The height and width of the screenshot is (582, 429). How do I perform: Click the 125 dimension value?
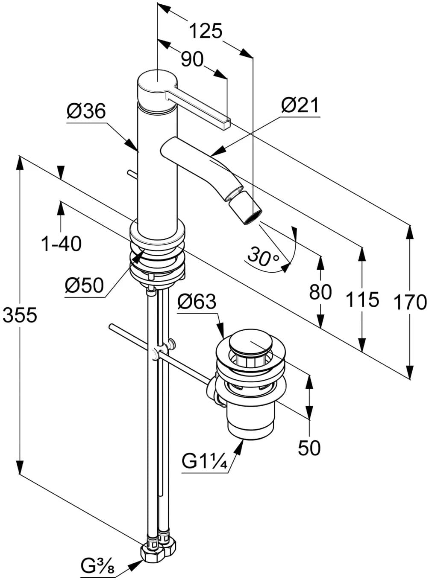(206, 31)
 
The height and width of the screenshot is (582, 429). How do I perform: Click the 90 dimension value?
(192, 59)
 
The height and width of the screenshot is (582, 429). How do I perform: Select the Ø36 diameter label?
(85, 111)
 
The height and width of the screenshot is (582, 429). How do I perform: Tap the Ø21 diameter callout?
(300, 105)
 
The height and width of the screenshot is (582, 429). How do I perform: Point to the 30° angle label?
(263, 256)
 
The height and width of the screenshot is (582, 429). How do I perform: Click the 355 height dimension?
(20, 316)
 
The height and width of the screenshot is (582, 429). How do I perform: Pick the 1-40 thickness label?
(61, 244)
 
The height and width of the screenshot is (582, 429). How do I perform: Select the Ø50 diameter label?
(84, 285)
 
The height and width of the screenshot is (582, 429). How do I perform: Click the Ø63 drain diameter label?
(197, 302)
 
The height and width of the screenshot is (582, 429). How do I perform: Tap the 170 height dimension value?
(410, 302)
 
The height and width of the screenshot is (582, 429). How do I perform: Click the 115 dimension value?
(362, 300)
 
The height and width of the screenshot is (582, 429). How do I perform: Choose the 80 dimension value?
(320, 292)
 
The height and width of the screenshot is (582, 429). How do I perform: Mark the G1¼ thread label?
(204, 462)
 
